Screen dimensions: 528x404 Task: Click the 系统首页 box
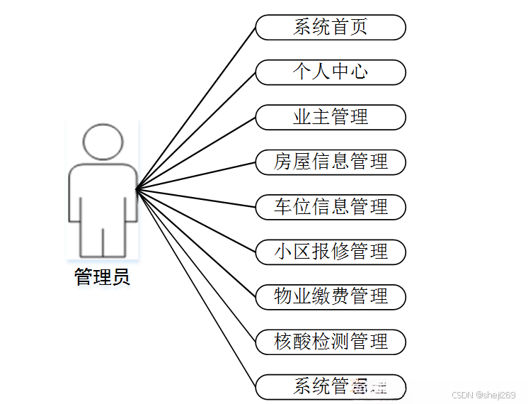click(331, 28)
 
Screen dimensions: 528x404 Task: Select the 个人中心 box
click(331, 72)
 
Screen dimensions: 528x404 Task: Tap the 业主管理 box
click(331, 117)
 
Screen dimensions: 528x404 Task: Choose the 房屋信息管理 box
click(331, 162)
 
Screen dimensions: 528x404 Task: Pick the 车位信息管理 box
click(331, 207)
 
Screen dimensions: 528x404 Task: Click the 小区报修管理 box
click(331, 252)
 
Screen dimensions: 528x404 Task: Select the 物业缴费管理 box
click(331, 296)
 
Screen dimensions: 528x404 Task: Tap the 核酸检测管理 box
click(331, 342)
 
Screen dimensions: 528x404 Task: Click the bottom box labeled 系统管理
click(331, 386)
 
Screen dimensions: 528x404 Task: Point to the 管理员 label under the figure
click(103, 276)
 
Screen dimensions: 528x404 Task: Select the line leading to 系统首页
click(196, 108)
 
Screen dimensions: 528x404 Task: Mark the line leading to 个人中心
click(196, 130)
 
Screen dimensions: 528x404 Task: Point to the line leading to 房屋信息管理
click(196, 175)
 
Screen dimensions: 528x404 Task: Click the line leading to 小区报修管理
click(196, 220)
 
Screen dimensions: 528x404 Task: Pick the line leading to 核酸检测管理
click(196, 265)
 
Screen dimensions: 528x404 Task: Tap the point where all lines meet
click(137, 189)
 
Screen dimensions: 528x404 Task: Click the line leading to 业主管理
click(196, 152)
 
